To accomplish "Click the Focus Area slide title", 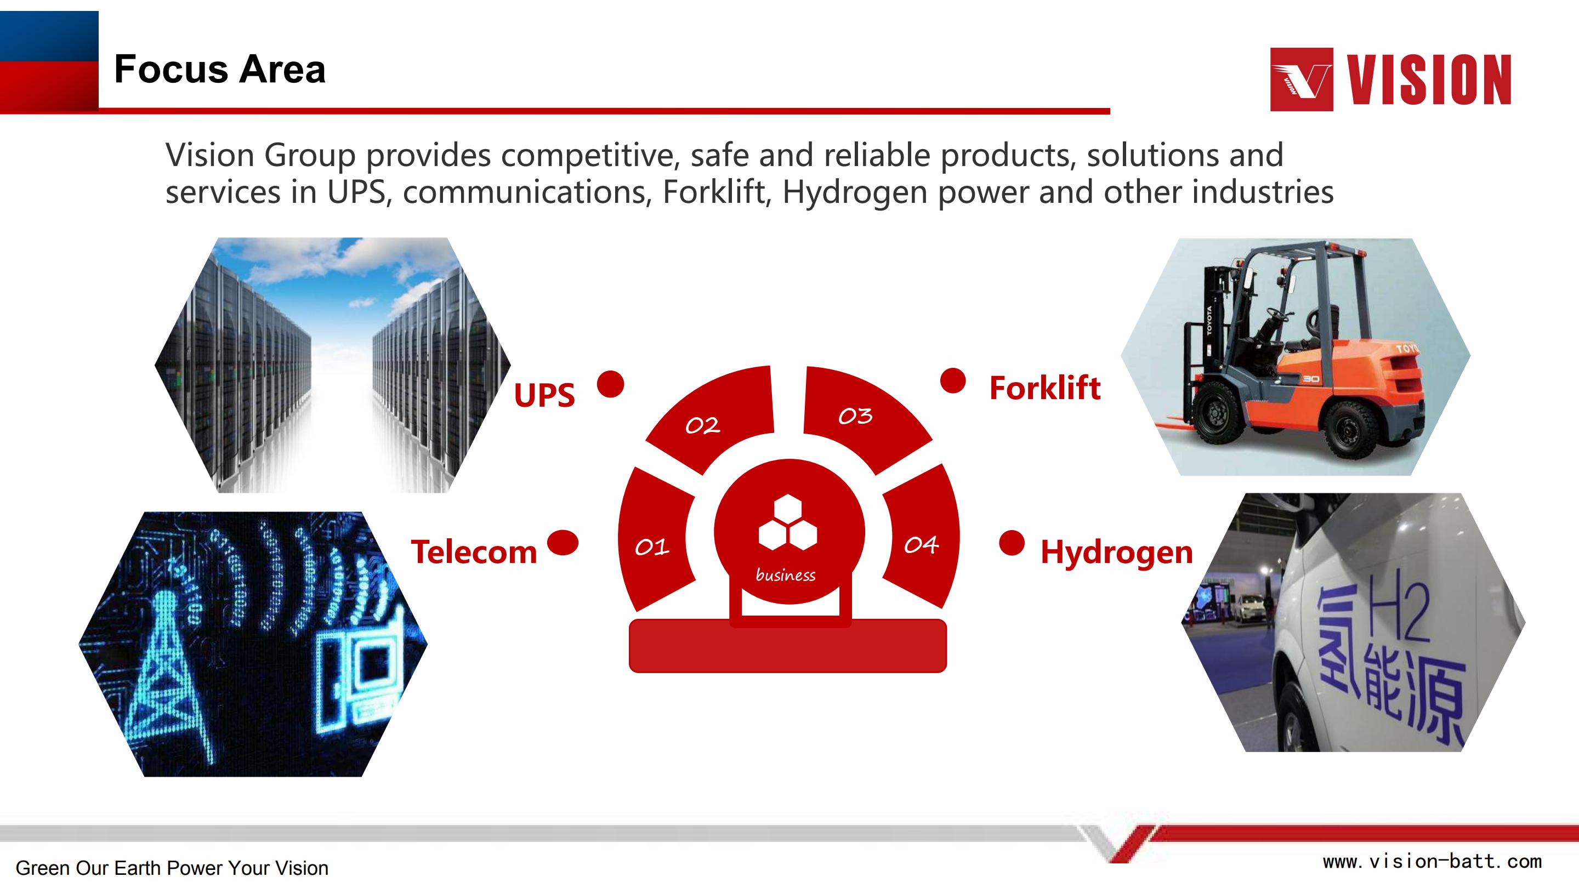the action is [219, 69].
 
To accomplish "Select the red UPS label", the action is [544, 395].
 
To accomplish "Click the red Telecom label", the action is [474, 551].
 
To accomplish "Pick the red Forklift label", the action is [1045, 388].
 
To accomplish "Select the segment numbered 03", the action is [864, 417].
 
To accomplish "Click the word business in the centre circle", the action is [785, 575].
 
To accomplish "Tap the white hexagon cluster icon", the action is [788, 522].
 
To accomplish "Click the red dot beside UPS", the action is [611, 384].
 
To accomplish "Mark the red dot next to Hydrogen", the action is [1012, 543].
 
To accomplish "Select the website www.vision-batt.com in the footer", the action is [1433, 862].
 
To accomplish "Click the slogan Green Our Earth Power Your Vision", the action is [172, 868].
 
